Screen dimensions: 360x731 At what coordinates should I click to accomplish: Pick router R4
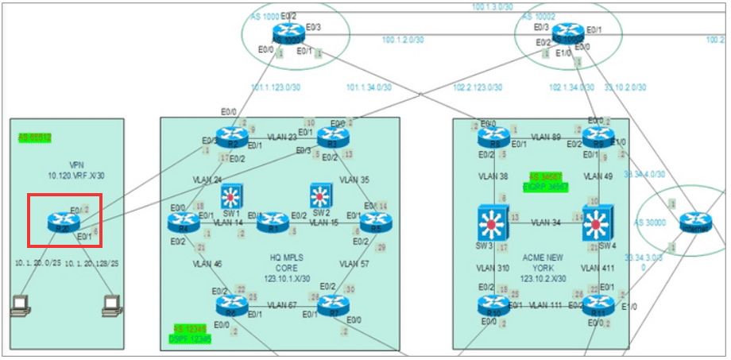[182, 222]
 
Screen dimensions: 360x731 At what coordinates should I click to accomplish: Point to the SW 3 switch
[493, 224]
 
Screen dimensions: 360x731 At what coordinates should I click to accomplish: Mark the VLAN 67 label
[283, 304]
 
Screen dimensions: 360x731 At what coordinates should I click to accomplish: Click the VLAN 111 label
[543, 305]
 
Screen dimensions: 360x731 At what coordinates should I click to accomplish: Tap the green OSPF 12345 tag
[191, 334]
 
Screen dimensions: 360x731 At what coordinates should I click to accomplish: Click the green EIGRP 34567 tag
[547, 181]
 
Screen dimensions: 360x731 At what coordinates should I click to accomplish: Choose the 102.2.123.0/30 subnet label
[478, 88]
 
